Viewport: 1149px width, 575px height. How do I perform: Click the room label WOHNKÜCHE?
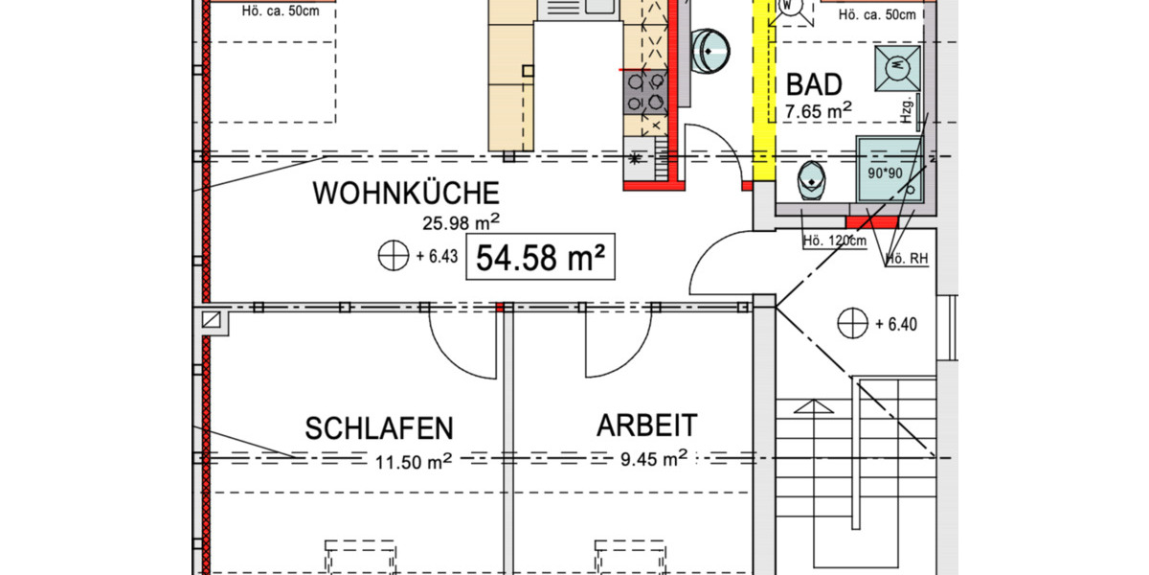click(406, 194)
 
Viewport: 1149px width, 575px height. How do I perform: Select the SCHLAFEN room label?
click(379, 428)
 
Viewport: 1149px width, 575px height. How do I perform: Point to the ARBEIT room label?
click(647, 425)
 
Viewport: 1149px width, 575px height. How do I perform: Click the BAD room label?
click(814, 84)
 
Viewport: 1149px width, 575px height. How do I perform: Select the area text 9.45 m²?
click(654, 459)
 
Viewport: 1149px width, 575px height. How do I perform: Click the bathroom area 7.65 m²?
click(818, 112)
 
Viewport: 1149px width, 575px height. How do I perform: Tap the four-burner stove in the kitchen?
click(644, 92)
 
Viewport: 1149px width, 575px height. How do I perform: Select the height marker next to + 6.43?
click(393, 257)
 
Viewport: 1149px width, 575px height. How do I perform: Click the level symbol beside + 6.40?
click(851, 324)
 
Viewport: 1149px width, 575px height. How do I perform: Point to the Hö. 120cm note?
click(834, 241)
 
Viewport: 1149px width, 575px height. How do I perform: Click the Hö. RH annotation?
click(906, 258)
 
